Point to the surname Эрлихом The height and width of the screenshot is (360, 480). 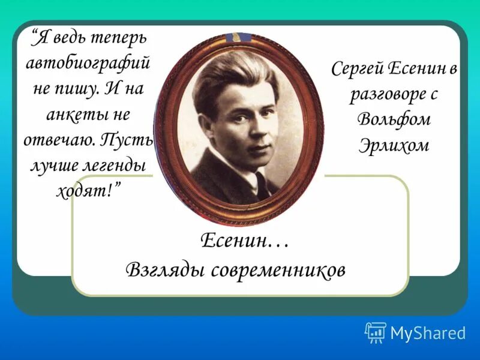pyautogui.click(x=394, y=144)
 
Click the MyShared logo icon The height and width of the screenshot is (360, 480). pyautogui.click(x=376, y=332)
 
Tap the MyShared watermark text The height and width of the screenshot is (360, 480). pyautogui.click(x=428, y=333)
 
